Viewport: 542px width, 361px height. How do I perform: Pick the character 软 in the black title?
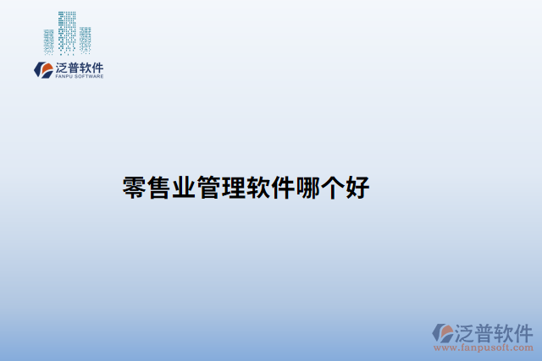coord(258,188)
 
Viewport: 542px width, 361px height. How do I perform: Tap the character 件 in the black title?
coord(283,188)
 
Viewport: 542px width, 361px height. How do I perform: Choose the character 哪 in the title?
coord(307,188)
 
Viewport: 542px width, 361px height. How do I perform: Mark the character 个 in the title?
coord(332,188)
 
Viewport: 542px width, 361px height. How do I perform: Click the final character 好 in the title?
coord(357,188)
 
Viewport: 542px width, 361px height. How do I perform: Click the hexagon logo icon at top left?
coord(43,70)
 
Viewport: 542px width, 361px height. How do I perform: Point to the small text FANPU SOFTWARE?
coord(79,76)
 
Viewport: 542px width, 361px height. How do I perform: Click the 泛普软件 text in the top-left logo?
coord(79,67)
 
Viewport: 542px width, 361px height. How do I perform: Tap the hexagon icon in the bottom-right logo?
coord(443,332)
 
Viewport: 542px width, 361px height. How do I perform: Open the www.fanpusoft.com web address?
coord(484,347)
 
